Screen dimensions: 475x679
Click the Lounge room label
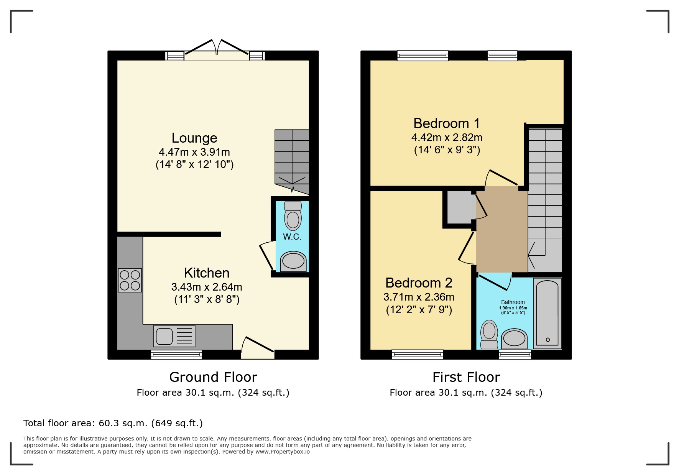point(194,138)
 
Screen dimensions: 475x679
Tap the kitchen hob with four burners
point(130,280)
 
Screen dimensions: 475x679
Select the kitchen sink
point(174,336)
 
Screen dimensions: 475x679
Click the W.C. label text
point(292,237)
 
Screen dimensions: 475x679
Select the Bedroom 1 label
point(447,123)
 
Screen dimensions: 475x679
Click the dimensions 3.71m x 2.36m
point(419,297)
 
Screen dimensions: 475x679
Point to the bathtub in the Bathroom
point(547,314)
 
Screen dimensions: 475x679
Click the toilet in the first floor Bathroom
point(489,335)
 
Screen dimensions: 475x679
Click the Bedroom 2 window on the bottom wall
point(418,354)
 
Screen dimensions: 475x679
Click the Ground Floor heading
point(213,377)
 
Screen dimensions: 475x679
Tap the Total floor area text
point(113,423)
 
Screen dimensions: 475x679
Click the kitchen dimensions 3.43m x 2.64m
point(207,287)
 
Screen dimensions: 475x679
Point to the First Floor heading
point(466,377)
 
